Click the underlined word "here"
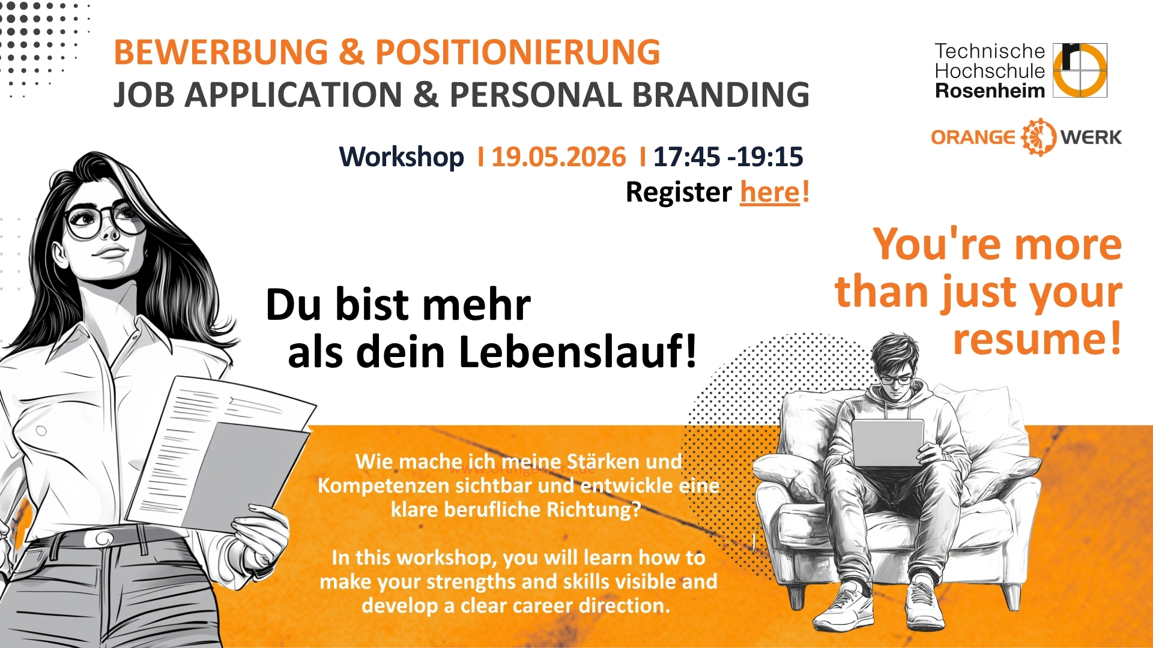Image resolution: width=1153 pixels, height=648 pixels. (x=770, y=193)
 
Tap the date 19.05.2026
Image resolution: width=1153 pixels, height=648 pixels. (x=558, y=157)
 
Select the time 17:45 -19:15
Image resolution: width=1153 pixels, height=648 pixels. (x=728, y=157)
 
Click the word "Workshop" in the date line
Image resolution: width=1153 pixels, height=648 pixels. (x=402, y=157)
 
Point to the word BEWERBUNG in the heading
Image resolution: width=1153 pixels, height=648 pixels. (x=221, y=52)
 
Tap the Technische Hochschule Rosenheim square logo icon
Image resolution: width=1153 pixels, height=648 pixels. (x=1080, y=70)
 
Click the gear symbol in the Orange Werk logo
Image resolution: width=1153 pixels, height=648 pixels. (x=1038, y=137)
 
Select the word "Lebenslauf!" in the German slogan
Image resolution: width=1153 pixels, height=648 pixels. (x=578, y=352)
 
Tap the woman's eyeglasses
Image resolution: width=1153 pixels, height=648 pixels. (x=104, y=220)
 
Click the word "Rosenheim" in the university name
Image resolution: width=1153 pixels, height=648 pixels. (x=990, y=91)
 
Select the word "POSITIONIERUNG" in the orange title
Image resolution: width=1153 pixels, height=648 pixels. (x=518, y=52)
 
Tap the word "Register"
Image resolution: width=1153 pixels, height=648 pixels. (x=679, y=193)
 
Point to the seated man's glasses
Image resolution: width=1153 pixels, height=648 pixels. (x=895, y=380)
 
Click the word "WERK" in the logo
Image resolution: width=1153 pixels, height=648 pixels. (x=1091, y=137)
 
